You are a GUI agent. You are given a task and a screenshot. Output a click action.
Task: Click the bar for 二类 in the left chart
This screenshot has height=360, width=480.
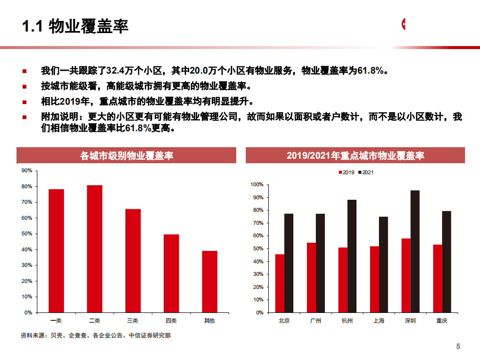tap(95, 248)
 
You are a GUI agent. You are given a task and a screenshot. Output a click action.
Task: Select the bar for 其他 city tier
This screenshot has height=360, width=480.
tap(209, 281)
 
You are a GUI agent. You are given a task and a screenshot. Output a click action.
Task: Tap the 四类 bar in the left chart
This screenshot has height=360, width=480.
tap(171, 273)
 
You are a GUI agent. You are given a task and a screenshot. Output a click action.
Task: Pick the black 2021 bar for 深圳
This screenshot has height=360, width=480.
tap(415, 251)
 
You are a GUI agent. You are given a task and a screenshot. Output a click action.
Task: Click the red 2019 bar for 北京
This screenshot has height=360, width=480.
tap(279, 283)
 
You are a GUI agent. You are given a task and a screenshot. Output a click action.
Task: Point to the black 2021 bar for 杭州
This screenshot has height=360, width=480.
tap(352, 256)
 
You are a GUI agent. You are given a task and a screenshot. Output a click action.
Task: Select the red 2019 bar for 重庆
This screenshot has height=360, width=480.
tap(437, 278)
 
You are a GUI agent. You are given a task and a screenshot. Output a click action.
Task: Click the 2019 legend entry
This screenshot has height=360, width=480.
tap(346, 173)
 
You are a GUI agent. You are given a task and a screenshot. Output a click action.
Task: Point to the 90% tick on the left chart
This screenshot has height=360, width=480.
tap(27, 171)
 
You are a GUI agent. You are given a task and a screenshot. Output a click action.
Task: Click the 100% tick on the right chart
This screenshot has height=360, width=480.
tap(257, 185)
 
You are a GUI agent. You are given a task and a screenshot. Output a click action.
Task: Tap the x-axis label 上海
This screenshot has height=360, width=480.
tap(378, 320)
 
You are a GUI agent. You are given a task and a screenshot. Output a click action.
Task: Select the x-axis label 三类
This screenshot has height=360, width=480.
tap(133, 320)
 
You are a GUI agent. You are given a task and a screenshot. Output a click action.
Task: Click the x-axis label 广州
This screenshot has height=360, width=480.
tap(315, 320)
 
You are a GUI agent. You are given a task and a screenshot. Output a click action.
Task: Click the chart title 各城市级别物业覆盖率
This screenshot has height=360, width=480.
tap(127, 156)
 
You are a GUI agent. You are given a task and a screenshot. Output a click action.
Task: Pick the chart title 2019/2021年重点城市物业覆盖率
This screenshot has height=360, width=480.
tap(355, 156)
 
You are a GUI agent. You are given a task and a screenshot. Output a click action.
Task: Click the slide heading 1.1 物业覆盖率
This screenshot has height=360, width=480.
tap(76, 26)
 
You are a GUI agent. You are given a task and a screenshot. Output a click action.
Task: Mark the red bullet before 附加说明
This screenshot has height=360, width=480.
tap(25, 117)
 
